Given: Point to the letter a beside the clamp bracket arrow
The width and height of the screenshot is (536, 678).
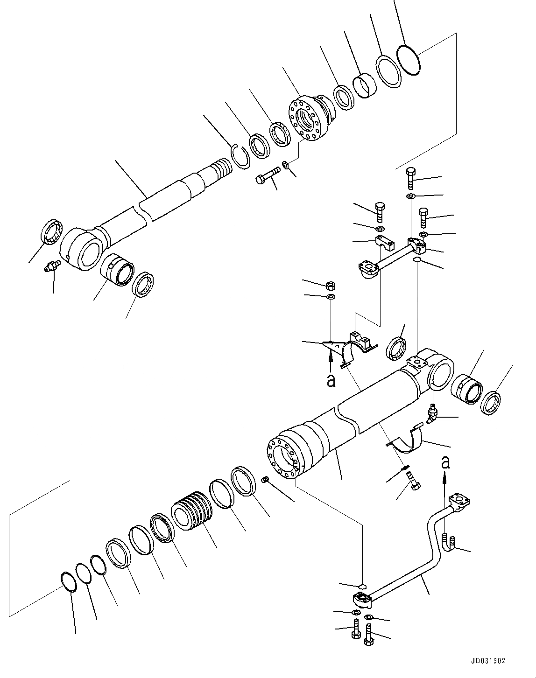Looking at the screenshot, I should pos(331,381).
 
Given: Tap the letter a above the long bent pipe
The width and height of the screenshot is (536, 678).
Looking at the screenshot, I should pos(446,462).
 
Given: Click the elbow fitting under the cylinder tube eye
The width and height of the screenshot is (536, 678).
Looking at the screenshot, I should pos(433,413).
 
